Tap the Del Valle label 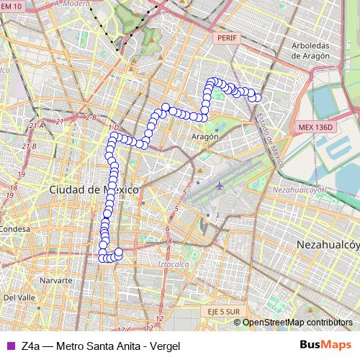(19, 297)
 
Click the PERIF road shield (225, 37)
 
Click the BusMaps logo (325, 345)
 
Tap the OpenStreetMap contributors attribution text (297, 322)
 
